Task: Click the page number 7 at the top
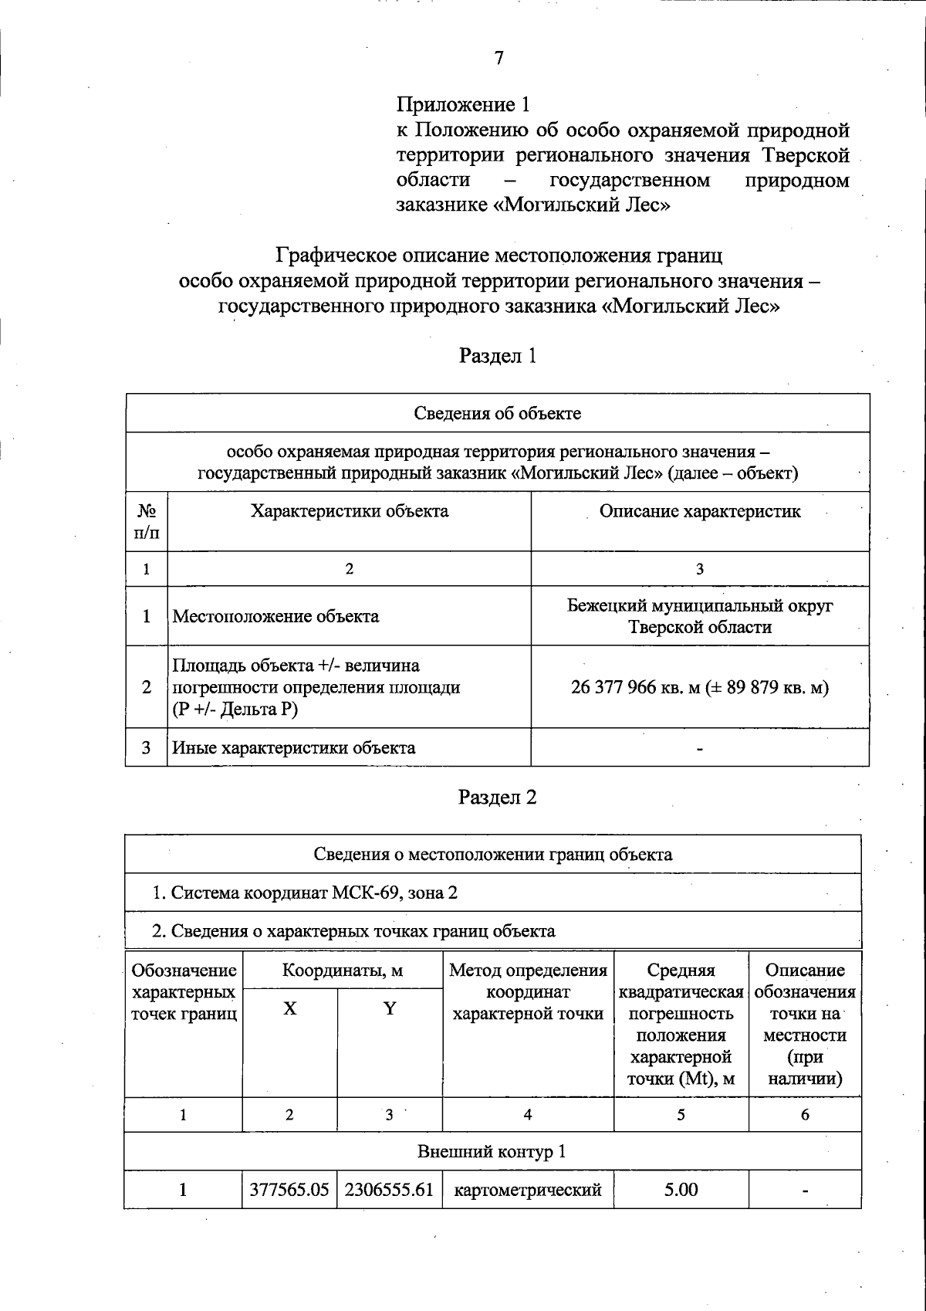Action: (x=498, y=59)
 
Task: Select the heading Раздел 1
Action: (x=497, y=356)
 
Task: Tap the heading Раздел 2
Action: (x=497, y=798)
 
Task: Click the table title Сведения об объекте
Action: (x=497, y=413)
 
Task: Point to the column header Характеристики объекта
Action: (x=349, y=511)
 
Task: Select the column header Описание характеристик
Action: (x=700, y=511)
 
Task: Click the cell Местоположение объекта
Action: (x=275, y=616)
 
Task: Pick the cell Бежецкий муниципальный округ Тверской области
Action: (x=700, y=616)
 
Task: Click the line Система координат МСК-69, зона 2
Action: (x=305, y=893)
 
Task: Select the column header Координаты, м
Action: (x=343, y=971)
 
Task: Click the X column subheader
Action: (x=289, y=1008)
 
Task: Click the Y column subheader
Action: (x=390, y=1008)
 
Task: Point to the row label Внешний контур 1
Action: (x=492, y=1152)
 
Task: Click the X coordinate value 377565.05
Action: (x=289, y=1190)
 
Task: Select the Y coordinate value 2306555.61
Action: (x=389, y=1190)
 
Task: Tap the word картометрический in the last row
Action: (x=528, y=1190)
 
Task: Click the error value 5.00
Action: (x=681, y=1190)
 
